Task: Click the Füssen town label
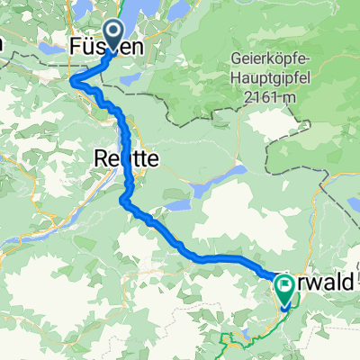click(x=106, y=44)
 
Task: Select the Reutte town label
click(x=126, y=159)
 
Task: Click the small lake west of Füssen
click(x=49, y=45)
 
